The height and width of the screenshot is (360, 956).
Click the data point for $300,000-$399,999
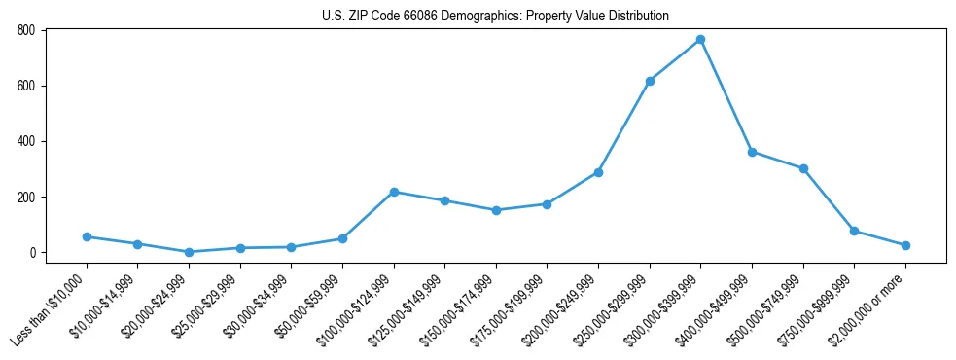[x=700, y=40]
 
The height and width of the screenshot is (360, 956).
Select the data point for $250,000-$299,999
[x=650, y=81]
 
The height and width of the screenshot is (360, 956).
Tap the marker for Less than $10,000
[x=87, y=236]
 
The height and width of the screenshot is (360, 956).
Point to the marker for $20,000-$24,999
[x=189, y=252]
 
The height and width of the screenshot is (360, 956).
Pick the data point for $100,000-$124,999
[x=394, y=192]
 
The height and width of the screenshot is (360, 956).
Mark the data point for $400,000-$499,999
[x=752, y=152]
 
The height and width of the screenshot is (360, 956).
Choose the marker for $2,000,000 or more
[x=905, y=245]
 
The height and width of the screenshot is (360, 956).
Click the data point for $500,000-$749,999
[x=803, y=168]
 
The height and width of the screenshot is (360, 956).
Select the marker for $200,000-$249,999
[x=598, y=172]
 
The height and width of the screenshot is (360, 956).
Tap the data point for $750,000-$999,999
[x=854, y=231]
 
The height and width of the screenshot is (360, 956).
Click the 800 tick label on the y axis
[x=26, y=30]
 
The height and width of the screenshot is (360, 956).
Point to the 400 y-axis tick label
[x=26, y=141]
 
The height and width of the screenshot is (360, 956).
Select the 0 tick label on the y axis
[x=32, y=253]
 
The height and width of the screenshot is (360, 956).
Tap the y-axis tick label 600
[x=26, y=86]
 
